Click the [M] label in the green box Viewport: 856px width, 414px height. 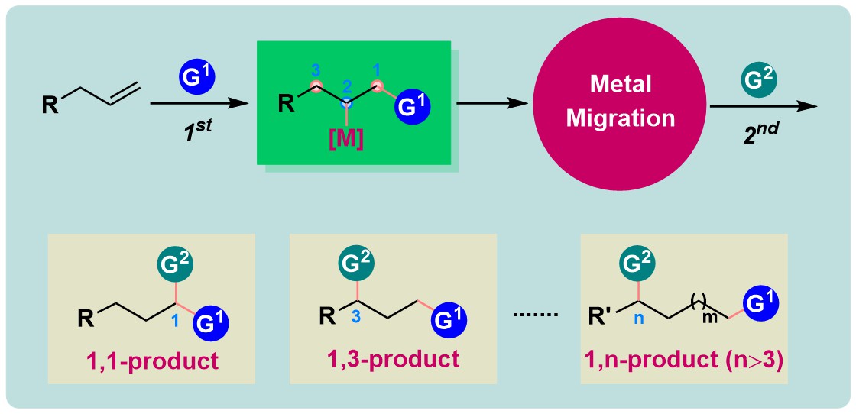(x=346, y=141)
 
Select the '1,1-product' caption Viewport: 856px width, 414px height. (x=151, y=360)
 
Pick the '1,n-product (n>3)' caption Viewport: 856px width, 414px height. (x=686, y=359)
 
